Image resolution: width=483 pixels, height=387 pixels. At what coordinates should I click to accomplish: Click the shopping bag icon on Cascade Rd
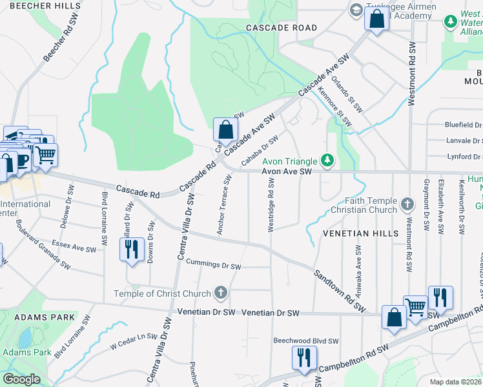click(225, 130)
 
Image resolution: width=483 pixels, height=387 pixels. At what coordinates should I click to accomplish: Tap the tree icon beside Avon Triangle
click(328, 160)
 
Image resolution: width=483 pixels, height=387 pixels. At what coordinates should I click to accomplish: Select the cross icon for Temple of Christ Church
click(221, 293)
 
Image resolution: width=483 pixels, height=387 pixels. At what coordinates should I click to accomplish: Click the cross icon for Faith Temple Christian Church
click(407, 204)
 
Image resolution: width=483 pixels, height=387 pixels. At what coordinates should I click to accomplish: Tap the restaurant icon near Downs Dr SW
click(132, 249)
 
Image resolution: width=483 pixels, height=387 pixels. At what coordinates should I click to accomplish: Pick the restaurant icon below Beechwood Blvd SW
click(303, 358)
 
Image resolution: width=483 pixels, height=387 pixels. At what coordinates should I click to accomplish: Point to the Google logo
click(21, 379)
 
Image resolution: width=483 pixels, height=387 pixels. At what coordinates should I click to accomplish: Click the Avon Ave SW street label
click(287, 172)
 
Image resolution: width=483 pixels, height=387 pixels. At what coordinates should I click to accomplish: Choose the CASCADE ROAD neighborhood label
click(281, 28)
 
